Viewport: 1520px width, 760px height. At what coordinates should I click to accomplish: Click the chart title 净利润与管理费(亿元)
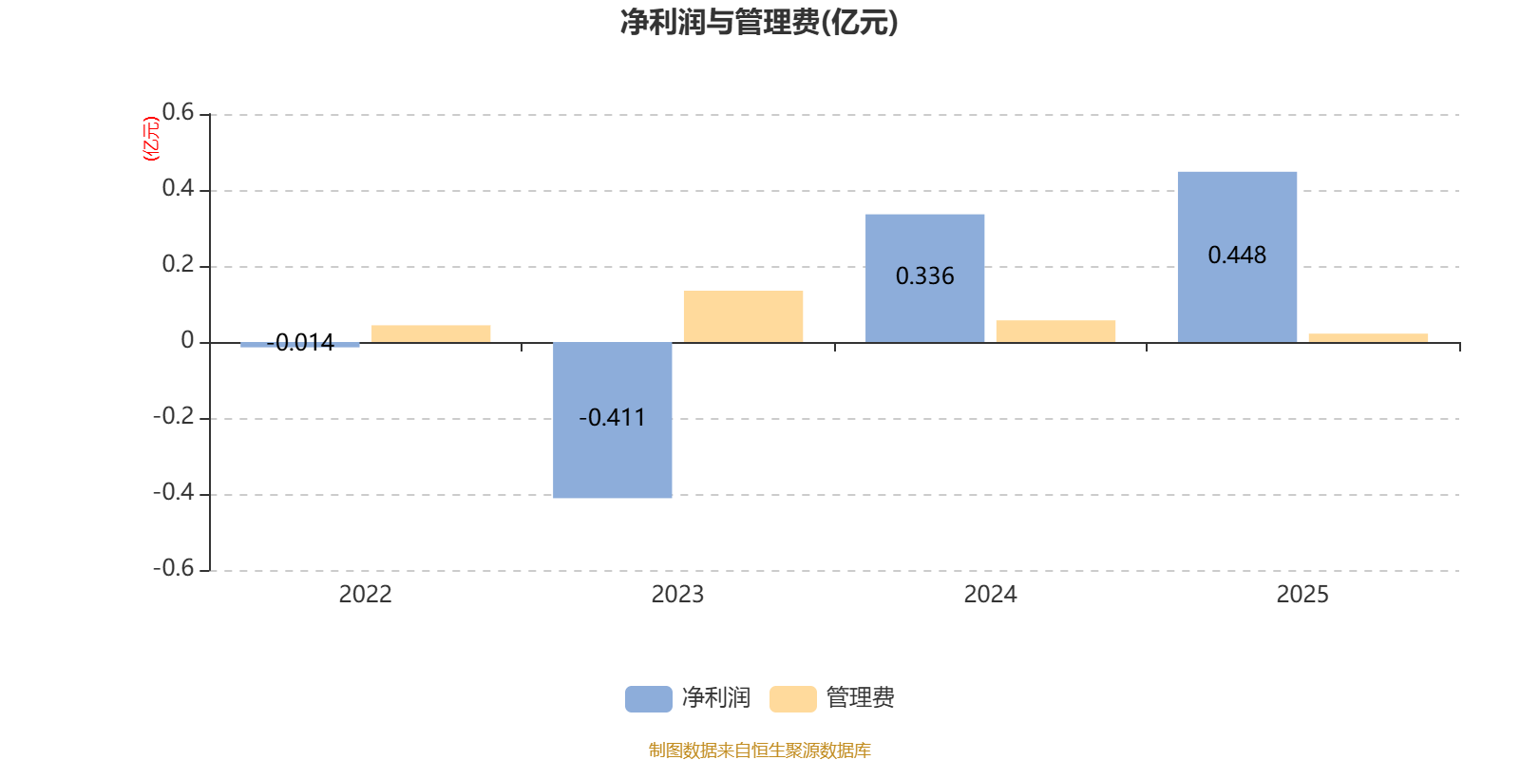[759, 23]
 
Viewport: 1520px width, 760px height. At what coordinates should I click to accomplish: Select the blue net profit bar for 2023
[613, 456]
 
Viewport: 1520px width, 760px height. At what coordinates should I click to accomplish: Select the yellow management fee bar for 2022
[431, 333]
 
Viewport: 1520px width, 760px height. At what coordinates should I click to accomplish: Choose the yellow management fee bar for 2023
[743, 316]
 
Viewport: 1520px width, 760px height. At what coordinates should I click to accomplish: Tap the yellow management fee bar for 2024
[1055, 331]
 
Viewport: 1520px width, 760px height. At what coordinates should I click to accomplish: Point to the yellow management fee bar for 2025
[1368, 337]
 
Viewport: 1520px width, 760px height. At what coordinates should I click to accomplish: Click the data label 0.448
[1237, 256]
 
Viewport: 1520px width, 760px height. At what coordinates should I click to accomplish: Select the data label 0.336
[924, 276]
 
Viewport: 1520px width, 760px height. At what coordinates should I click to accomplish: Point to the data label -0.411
[613, 418]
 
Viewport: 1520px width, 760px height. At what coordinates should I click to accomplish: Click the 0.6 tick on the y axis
[178, 113]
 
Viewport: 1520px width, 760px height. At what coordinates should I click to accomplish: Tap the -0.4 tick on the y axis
[173, 493]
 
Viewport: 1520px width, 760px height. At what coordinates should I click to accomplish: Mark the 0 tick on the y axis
[187, 341]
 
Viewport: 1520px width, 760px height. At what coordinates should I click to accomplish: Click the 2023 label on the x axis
[677, 595]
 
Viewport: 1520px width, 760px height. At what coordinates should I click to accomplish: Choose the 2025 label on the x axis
[1302, 595]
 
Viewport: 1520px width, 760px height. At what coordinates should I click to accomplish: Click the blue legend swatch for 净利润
[648, 698]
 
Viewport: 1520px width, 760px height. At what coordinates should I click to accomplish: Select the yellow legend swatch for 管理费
[792, 698]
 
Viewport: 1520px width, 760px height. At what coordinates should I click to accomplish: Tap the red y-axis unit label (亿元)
[150, 139]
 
